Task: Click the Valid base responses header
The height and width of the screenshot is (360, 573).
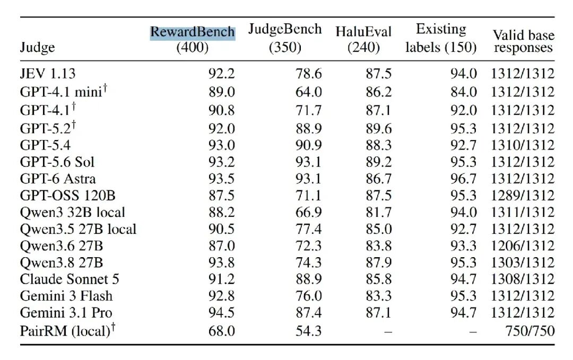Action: coord(523,41)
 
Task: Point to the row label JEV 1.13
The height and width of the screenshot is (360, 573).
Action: coord(48,74)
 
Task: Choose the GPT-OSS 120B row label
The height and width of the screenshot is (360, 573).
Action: coord(67,196)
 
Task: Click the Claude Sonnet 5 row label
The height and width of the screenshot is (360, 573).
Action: coord(70,279)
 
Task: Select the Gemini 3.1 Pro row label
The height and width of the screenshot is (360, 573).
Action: coord(66,312)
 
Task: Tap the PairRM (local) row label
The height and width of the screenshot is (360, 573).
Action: coord(67,330)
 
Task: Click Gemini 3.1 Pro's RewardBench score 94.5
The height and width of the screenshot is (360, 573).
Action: coord(221,312)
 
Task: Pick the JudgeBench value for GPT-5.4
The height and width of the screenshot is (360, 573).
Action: coord(309,145)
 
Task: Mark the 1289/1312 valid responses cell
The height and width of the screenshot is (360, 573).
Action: coord(523,196)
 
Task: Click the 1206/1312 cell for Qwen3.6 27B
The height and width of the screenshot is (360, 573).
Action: coord(523,245)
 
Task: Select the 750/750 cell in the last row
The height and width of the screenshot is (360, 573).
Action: coord(530,331)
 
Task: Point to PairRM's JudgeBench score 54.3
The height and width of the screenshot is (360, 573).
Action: coord(309,331)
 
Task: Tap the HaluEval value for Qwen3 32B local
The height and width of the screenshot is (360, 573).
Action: coord(379,213)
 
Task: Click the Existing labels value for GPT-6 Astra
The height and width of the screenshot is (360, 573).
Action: coord(463,179)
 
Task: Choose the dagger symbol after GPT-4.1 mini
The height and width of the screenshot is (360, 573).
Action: coord(105,87)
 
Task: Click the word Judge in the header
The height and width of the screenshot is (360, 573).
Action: coord(37,48)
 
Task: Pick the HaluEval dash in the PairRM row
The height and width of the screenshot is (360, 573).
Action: coord(388,332)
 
